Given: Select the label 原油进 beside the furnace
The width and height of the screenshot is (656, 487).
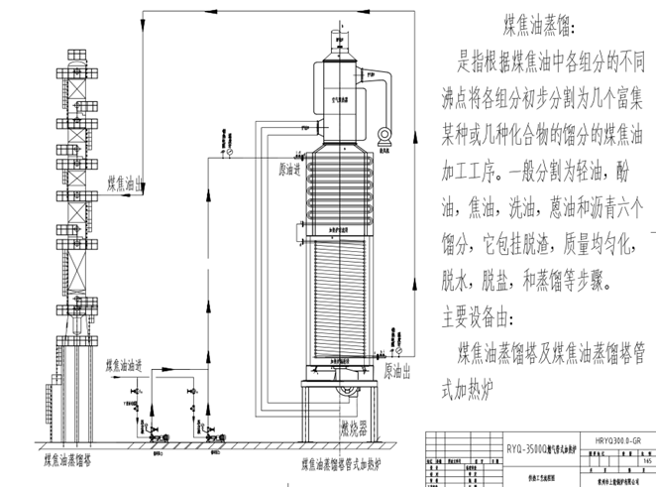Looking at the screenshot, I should point(286,169).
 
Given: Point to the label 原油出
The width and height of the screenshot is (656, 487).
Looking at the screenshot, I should point(395,369).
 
